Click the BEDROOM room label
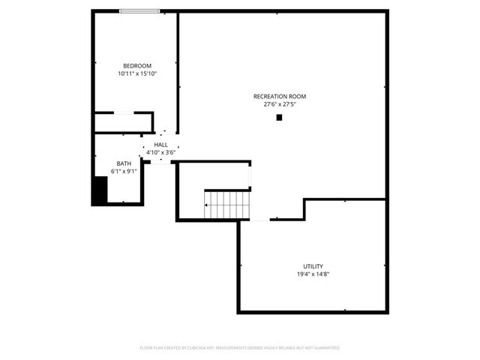click(x=137, y=66)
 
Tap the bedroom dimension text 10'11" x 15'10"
click(x=137, y=73)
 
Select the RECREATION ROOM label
click(x=280, y=97)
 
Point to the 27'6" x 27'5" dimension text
click(x=280, y=104)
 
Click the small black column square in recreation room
click(x=280, y=117)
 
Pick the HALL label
click(x=161, y=145)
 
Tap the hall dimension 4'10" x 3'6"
click(x=161, y=152)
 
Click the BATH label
click(x=124, y=163)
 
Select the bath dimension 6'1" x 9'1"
click(x=124, y=171)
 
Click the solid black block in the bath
click(x=99, y=190)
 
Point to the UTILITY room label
click(x=313, y=266)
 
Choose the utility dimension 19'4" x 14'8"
click(x=313, y=274)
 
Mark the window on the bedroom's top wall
click(x=140, y=11)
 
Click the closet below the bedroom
click(x=124, y=122)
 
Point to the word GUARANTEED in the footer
click(x=325, y=348)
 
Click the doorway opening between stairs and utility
click(x=259, y=220)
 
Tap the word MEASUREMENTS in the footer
click(x=239, y=348)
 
